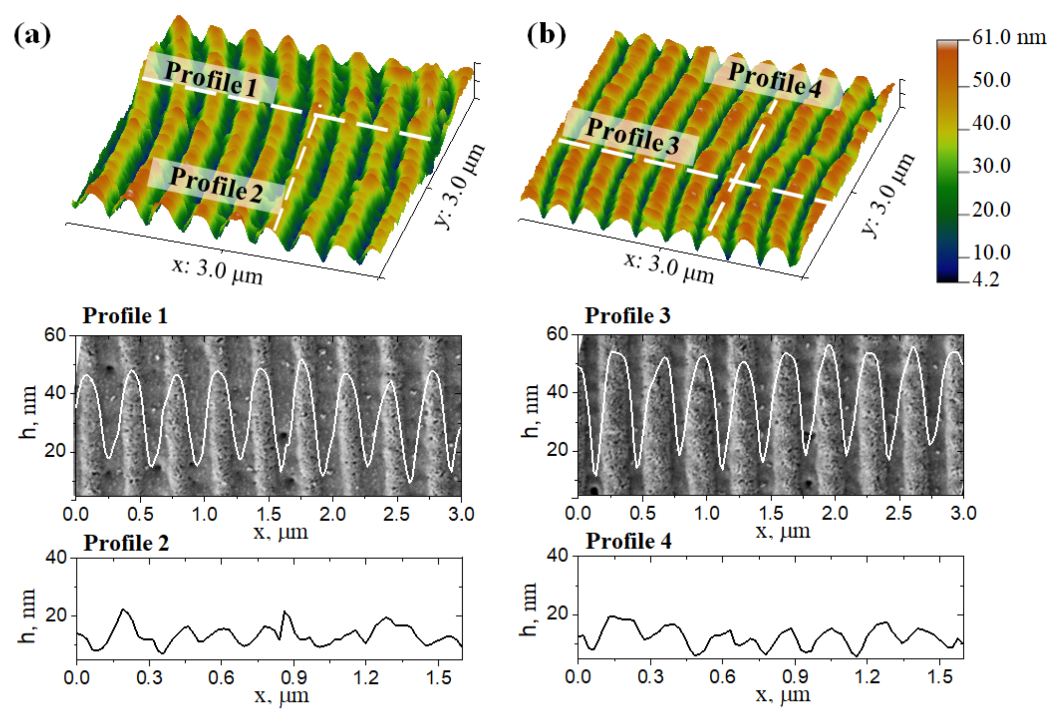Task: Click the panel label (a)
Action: click(32, 35)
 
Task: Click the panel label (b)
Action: click(546, 35)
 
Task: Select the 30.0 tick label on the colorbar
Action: click(991, 166)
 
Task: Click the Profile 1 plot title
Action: click(125, 316)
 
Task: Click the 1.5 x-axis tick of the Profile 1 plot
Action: click(268, 514)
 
